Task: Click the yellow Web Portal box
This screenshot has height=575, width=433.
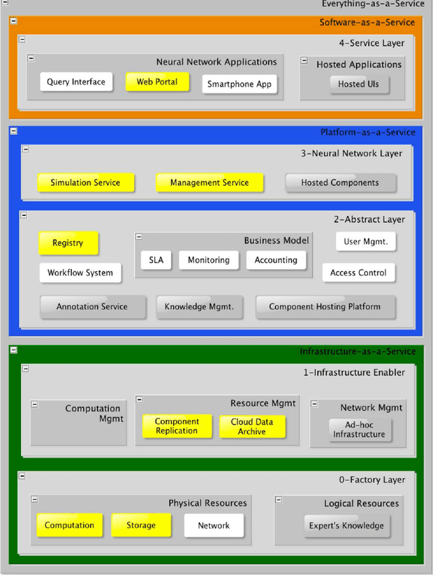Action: [157, 82]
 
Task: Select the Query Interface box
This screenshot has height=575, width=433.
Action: [76, 82]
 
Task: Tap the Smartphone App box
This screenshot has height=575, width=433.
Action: [239, 84]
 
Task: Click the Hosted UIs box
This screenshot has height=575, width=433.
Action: [359, 84]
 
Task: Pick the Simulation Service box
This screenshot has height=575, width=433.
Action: [85, 182]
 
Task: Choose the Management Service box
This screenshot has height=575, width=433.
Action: [209, 182]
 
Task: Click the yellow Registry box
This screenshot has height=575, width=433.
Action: [68, 243]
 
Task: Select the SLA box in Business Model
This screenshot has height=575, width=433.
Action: [156, 260]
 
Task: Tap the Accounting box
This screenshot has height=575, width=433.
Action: [275, 260]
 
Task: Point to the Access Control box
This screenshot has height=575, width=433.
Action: [358, 273]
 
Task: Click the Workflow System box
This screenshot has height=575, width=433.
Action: [80, 273]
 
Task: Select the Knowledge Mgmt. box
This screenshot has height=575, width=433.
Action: [199, 306]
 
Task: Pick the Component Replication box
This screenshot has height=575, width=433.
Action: [177, 427]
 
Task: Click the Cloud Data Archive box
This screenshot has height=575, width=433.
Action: [252, 427]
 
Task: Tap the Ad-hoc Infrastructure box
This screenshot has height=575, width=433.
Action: [359, 429]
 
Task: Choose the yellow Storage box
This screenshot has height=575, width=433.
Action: [141, 526]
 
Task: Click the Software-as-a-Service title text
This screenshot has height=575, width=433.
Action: [367, 22]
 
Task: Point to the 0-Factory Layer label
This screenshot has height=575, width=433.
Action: [371, 480]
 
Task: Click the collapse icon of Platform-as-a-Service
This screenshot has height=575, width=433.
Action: [14, 131]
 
